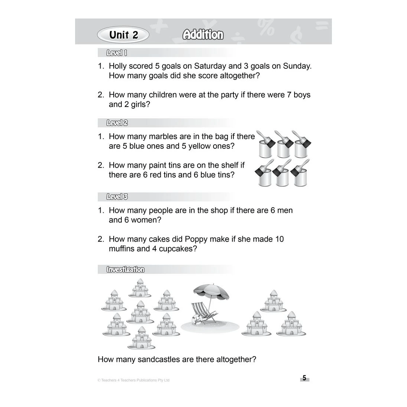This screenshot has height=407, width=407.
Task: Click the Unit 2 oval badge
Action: (123, 35)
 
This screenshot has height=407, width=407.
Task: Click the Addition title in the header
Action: (203, 35)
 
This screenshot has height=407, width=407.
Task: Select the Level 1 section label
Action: (117, 53)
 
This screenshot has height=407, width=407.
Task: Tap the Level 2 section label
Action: (117, 123)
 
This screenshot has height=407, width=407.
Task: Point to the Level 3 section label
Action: (117, 197)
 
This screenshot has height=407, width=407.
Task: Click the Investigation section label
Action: (125, 269)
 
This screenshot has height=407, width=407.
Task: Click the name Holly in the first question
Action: (118, 66)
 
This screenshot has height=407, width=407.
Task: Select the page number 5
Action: (304, 378)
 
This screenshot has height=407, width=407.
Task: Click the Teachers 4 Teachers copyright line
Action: (133, 380)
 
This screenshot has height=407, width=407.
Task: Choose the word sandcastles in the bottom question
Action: (161, 359)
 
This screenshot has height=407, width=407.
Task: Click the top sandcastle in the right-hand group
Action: (274, 300)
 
